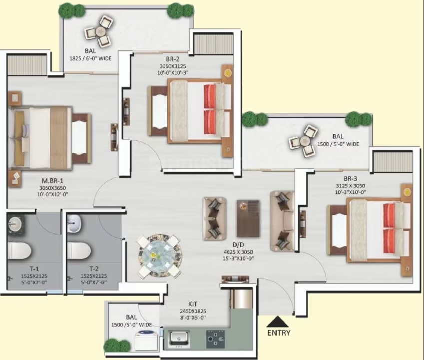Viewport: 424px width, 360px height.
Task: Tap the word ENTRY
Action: click(279, 333)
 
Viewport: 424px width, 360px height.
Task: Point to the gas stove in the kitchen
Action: click(216, 339)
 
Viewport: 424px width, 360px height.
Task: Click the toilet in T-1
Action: click(19, 251)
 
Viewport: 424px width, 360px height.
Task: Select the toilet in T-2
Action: click(79, 251)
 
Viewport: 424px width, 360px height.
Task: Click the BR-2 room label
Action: click(173, 59)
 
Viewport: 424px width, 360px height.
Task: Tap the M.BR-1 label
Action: click(52, 181)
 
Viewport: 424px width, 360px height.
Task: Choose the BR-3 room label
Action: click(351, 179)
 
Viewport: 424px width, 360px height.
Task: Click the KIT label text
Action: click(193, 304)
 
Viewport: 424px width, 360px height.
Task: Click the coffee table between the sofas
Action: click(248, 218)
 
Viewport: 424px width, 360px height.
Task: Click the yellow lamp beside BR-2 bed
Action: click(228, 72)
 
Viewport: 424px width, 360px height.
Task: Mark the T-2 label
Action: click(94, 269)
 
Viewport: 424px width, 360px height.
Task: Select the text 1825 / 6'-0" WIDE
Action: click(90, 58)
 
